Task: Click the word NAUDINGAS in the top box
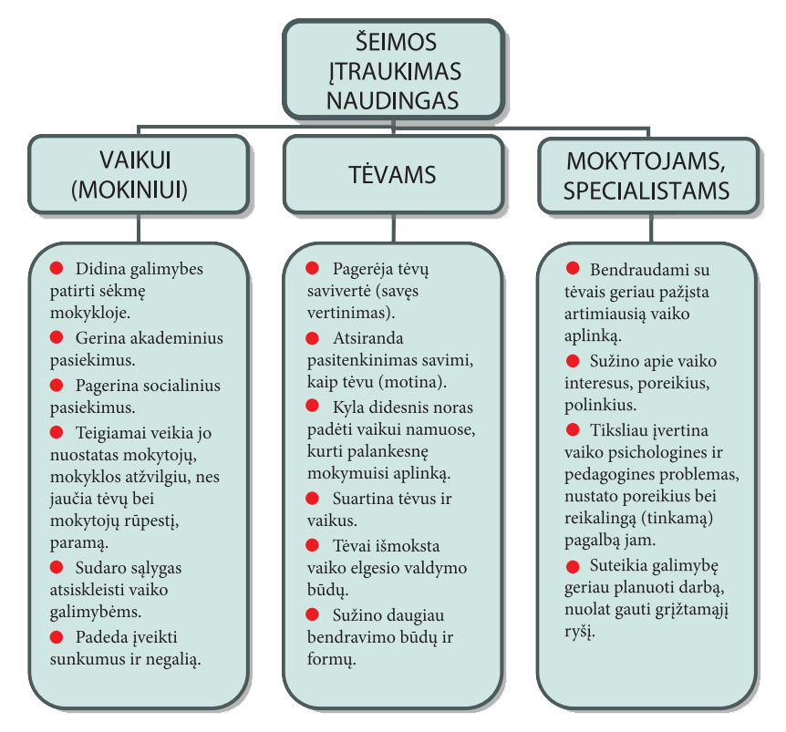pyautogui.click(x=392, y=100)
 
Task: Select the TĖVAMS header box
pyautogui.click(x=394, y=175)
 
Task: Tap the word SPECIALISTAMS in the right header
pyautogui.click(x=646, y=191)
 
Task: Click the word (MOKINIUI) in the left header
pyautogui.click(x=129, y=191)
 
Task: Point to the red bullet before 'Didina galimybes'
pyautogui.click(x=57, y=268)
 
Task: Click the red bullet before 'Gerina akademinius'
pyautogui.click(x=57, y=337)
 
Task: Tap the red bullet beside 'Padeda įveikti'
pyautogui.click(x=57, y=637)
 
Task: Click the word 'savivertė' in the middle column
pyautogui.click(x=339, y=291)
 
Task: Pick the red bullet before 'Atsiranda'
pyautogui.click(x=312, y=338)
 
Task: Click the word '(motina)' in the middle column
pyautogui.click(x=412, y=383)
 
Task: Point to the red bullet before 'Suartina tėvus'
pyautogui.click(x=312, y=499)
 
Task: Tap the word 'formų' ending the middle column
pyautogui.click(x=331, y=660)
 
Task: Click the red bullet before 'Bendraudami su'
pyautogui.click(x=573, y=269)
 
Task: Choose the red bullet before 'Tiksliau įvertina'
pyautogui.click(x=573, y=429)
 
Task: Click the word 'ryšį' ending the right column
pyautogui.click(x=580, y=632)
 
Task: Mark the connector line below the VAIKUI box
pyautogui.click(x=139, y=229)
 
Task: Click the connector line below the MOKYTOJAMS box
pyautogui.click(x=651, y=229)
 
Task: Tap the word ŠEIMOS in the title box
pyautogui.click(x=396, y=42)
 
